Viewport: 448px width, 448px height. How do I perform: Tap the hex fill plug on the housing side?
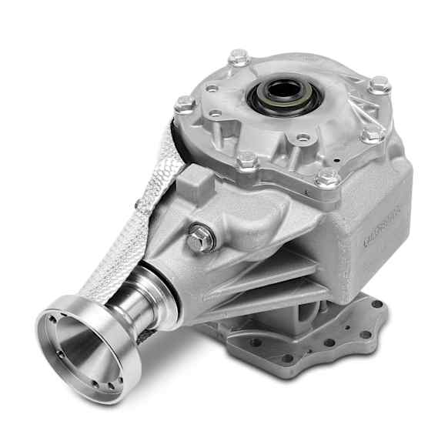(x=199, y=239)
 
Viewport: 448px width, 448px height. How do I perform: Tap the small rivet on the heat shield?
(x=139, y=203)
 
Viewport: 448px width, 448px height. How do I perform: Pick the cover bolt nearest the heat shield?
(x=184, y=104)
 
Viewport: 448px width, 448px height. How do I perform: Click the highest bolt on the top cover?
(x=239, y=58)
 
